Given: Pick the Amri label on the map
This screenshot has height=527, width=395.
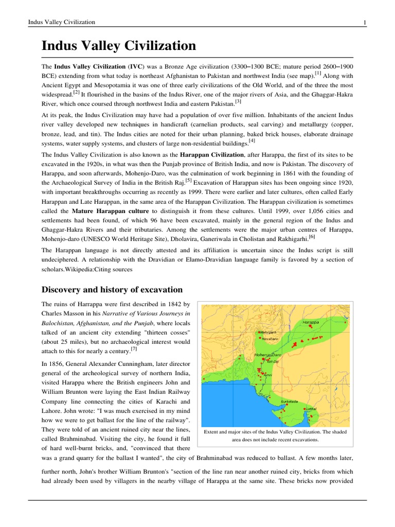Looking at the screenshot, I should click(267, 375).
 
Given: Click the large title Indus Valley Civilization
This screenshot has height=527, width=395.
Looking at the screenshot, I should click(119, 46).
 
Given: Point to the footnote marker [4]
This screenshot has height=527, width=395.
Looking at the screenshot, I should click(252, 140).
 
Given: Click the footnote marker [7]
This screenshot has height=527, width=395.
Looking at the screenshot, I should click(134, 348).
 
